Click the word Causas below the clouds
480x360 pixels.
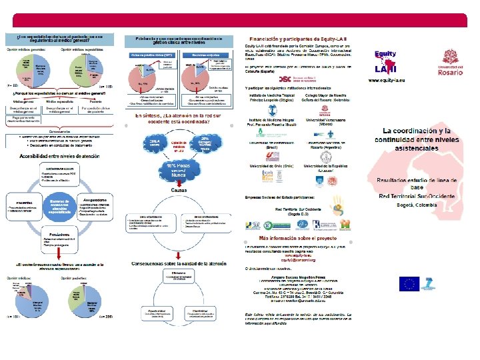pos(178,190)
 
